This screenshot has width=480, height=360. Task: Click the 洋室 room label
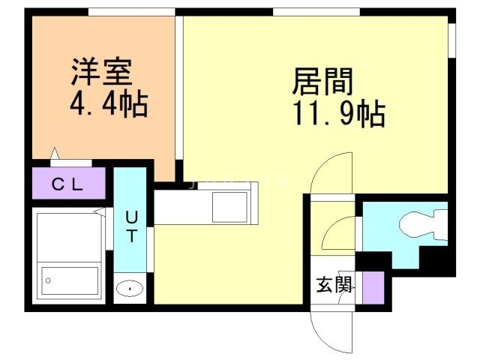[102, 72]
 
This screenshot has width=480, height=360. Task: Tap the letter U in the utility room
[130, 218]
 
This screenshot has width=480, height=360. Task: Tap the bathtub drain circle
[49, 280]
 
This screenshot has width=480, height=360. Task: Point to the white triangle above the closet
[55, 154]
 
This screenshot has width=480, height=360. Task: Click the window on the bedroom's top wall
[131, 11]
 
